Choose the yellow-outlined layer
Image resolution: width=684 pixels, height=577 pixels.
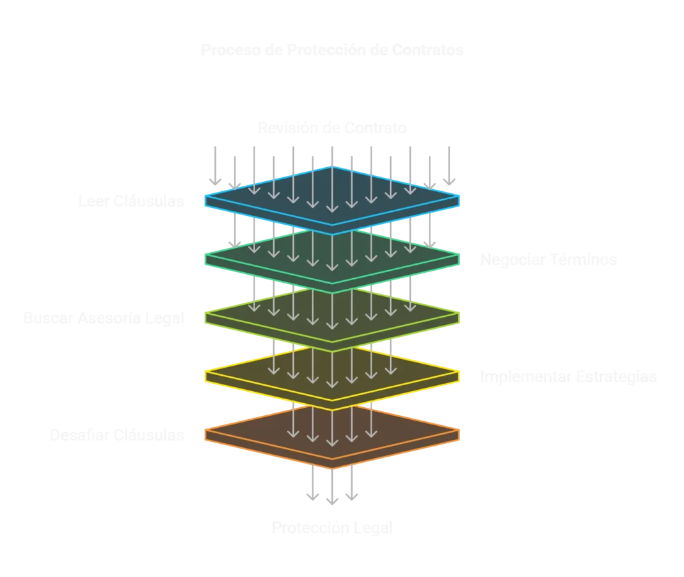(332, 375)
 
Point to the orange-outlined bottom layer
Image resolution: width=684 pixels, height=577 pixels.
(332, 434)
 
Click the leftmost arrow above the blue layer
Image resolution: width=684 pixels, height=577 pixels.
(216, 164)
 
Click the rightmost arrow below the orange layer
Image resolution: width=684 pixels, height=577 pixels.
(352, 483)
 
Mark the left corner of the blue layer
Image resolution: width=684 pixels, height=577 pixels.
(206, 199)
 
